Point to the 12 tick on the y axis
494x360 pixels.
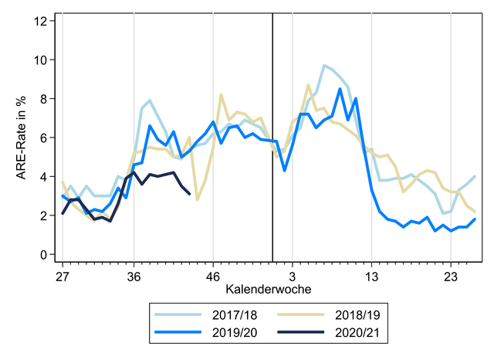pos(39,20)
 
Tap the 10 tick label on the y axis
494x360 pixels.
pos(39,59)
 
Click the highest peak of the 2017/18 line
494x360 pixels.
pos(324,66)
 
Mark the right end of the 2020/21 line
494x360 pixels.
pos(190,194)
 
